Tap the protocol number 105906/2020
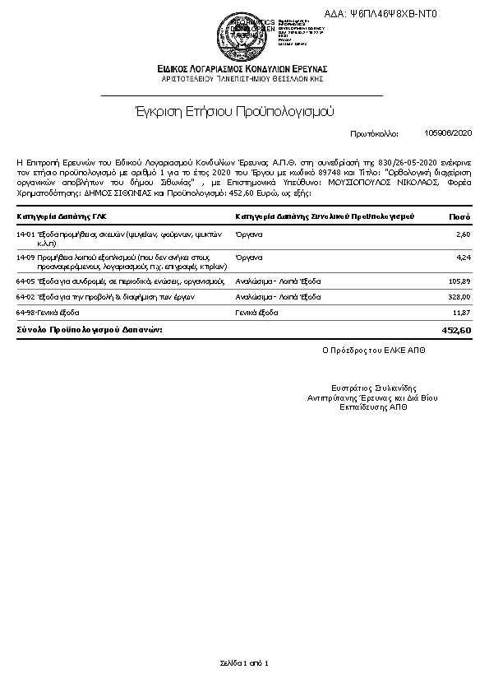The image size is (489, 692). (x=448, y=132)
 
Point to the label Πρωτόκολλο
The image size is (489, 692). (x=373, y=132)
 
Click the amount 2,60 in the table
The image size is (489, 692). (x=462, y=235)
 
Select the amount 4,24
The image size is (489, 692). (x=462, y=258)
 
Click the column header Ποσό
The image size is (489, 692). (x=459, y=216)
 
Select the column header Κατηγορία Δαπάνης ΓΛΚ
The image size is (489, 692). (x=61, y=216)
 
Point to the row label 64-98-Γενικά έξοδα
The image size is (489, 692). (x=48, y=313)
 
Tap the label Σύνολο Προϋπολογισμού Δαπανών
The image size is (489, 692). (x=90, y=329)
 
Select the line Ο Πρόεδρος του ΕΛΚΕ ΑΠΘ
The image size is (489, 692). (x=374, y=350)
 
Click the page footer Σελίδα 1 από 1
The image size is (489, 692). (x=244, y=662)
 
